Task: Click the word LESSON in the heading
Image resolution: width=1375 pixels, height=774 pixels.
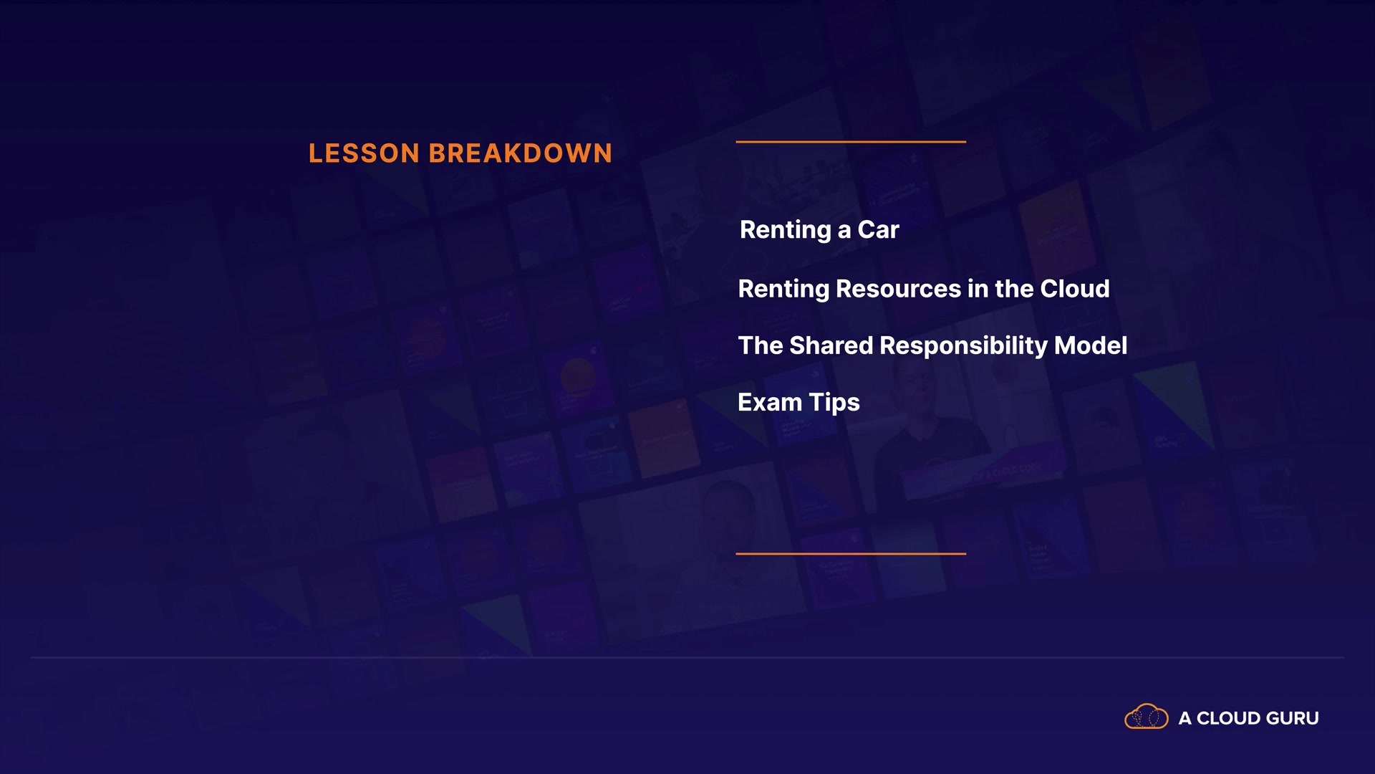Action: coord(364,153)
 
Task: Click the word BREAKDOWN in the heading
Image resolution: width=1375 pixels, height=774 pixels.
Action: coord(521,153)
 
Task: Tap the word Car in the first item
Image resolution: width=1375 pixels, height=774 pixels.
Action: coord(878,230)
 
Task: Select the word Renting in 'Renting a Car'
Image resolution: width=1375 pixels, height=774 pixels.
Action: coord(786,231)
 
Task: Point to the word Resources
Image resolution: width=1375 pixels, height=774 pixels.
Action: coord(899,289)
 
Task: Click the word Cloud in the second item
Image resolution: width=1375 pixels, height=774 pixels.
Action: coord(1075,289)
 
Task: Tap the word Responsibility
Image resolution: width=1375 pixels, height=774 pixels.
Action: coord(963,346)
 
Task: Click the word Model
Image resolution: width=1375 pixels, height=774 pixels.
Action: coord(1091,345)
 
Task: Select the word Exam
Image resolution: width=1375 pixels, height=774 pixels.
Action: coord(770,403)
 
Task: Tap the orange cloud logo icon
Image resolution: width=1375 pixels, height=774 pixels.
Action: coord(1147,717)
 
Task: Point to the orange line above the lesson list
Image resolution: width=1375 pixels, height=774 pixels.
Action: coord(851,142)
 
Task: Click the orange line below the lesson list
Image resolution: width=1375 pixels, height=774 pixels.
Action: coord(851,553)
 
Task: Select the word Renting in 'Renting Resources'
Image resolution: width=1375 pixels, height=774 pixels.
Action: coord(783,290)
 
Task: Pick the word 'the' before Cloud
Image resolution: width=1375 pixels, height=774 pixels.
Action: coord(1014,289)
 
